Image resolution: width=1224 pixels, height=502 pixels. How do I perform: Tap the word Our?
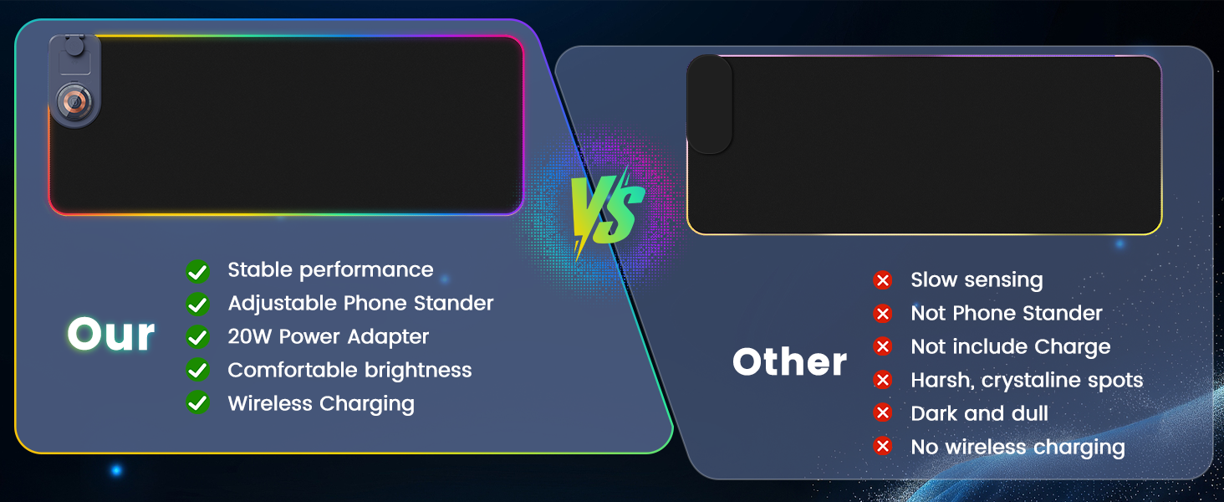tap(111, 335)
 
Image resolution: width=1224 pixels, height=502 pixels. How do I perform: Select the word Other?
tap(789, 362)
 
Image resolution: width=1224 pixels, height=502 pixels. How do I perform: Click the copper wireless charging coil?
tap(74, 100)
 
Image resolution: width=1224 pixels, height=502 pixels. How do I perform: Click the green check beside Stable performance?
tap(197, 270)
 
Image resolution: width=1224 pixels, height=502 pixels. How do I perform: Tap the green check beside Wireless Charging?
tap(197, 403)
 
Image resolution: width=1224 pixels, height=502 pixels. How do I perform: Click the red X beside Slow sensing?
tap(882, 280)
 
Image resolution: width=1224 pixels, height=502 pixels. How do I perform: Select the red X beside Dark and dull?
tap(882, 413)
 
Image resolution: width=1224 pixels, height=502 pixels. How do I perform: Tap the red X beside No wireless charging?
tap(882, 447)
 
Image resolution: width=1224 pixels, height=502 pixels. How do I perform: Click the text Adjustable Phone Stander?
tap(360, 303)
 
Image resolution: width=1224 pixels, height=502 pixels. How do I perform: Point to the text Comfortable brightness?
tap(349, 370)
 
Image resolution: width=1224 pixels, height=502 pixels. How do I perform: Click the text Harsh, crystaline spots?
tap(1027, 380)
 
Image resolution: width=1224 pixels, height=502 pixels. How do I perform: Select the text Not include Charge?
tap(1010, 346)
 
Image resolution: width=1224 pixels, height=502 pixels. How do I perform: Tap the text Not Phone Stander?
tap(1007, 313)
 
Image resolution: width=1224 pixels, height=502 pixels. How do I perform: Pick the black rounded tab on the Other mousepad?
tap(710, 105)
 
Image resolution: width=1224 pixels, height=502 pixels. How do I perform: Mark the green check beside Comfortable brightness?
tap(197, 370)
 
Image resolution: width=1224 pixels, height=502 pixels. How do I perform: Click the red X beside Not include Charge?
tap(882, 346)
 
